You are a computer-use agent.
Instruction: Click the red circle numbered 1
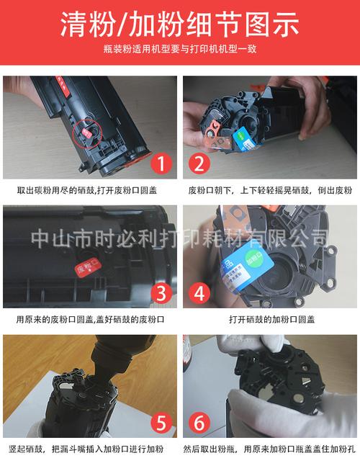point(161,163)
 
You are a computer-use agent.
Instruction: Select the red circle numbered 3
point(161,292)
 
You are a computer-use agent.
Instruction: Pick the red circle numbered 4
point(199,292)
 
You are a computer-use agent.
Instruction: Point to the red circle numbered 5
point(161,421)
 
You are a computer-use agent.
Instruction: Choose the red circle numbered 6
point(199,421)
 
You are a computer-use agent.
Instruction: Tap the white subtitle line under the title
point(179,50)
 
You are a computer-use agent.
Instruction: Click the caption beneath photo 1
point(90,191)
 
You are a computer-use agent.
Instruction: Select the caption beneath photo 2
point(270,191)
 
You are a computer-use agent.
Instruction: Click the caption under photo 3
point(90,319)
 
